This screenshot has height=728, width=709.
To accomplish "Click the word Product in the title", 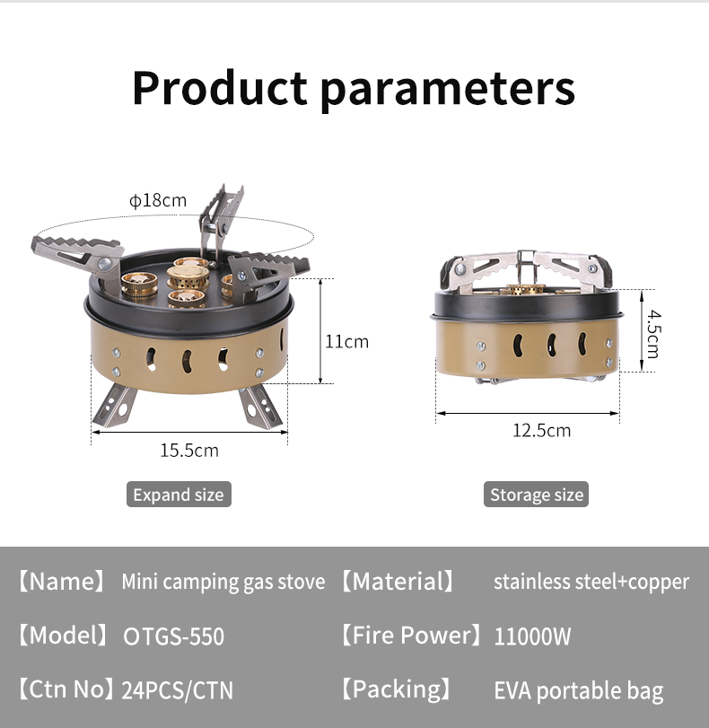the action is pos(220,88).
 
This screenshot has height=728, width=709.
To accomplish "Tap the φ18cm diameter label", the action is pos(158,200).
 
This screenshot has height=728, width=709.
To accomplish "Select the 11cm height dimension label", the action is pos(346,342).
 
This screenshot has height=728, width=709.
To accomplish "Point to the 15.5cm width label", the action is pos(189,451).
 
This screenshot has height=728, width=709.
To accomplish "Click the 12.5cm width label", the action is pos(542,430).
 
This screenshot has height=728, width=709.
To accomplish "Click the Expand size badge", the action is pos(179,495).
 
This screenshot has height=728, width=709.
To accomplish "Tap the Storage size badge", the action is pos(537,495).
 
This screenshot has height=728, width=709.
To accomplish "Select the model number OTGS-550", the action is pos(173,636).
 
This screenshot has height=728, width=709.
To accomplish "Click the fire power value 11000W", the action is pos(532,636).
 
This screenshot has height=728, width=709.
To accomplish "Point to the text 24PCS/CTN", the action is pos(178,690).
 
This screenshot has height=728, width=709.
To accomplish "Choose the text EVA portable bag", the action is pos(579,691).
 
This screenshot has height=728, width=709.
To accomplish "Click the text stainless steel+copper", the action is pos(591,583).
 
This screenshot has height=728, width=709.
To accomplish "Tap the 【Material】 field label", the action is pos(397,582).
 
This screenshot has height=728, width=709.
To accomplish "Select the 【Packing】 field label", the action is pos(396,689).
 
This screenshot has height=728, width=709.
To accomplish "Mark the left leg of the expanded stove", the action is pos(114,406).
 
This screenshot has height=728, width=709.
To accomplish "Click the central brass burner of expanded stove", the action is pos(188,276).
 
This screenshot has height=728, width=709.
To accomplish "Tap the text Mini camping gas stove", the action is pos(223,583).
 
